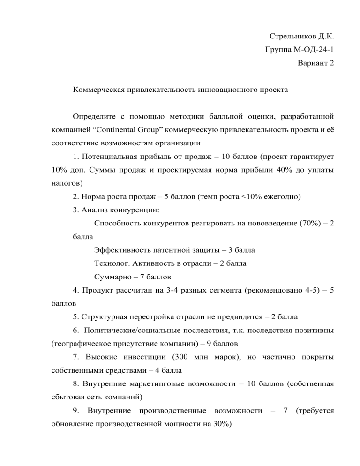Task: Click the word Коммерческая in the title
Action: point(97,89)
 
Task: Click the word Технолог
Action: point(111,263)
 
